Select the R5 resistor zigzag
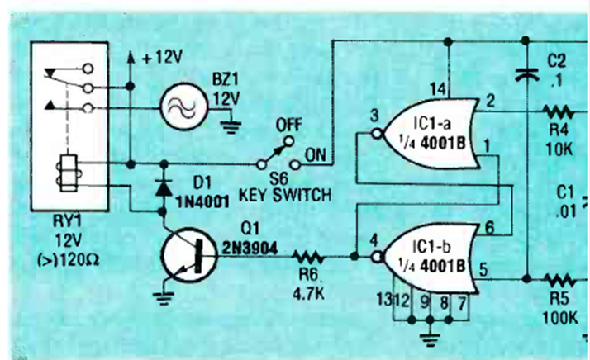[x=562, y=279]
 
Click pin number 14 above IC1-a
[x=435, y=84]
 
